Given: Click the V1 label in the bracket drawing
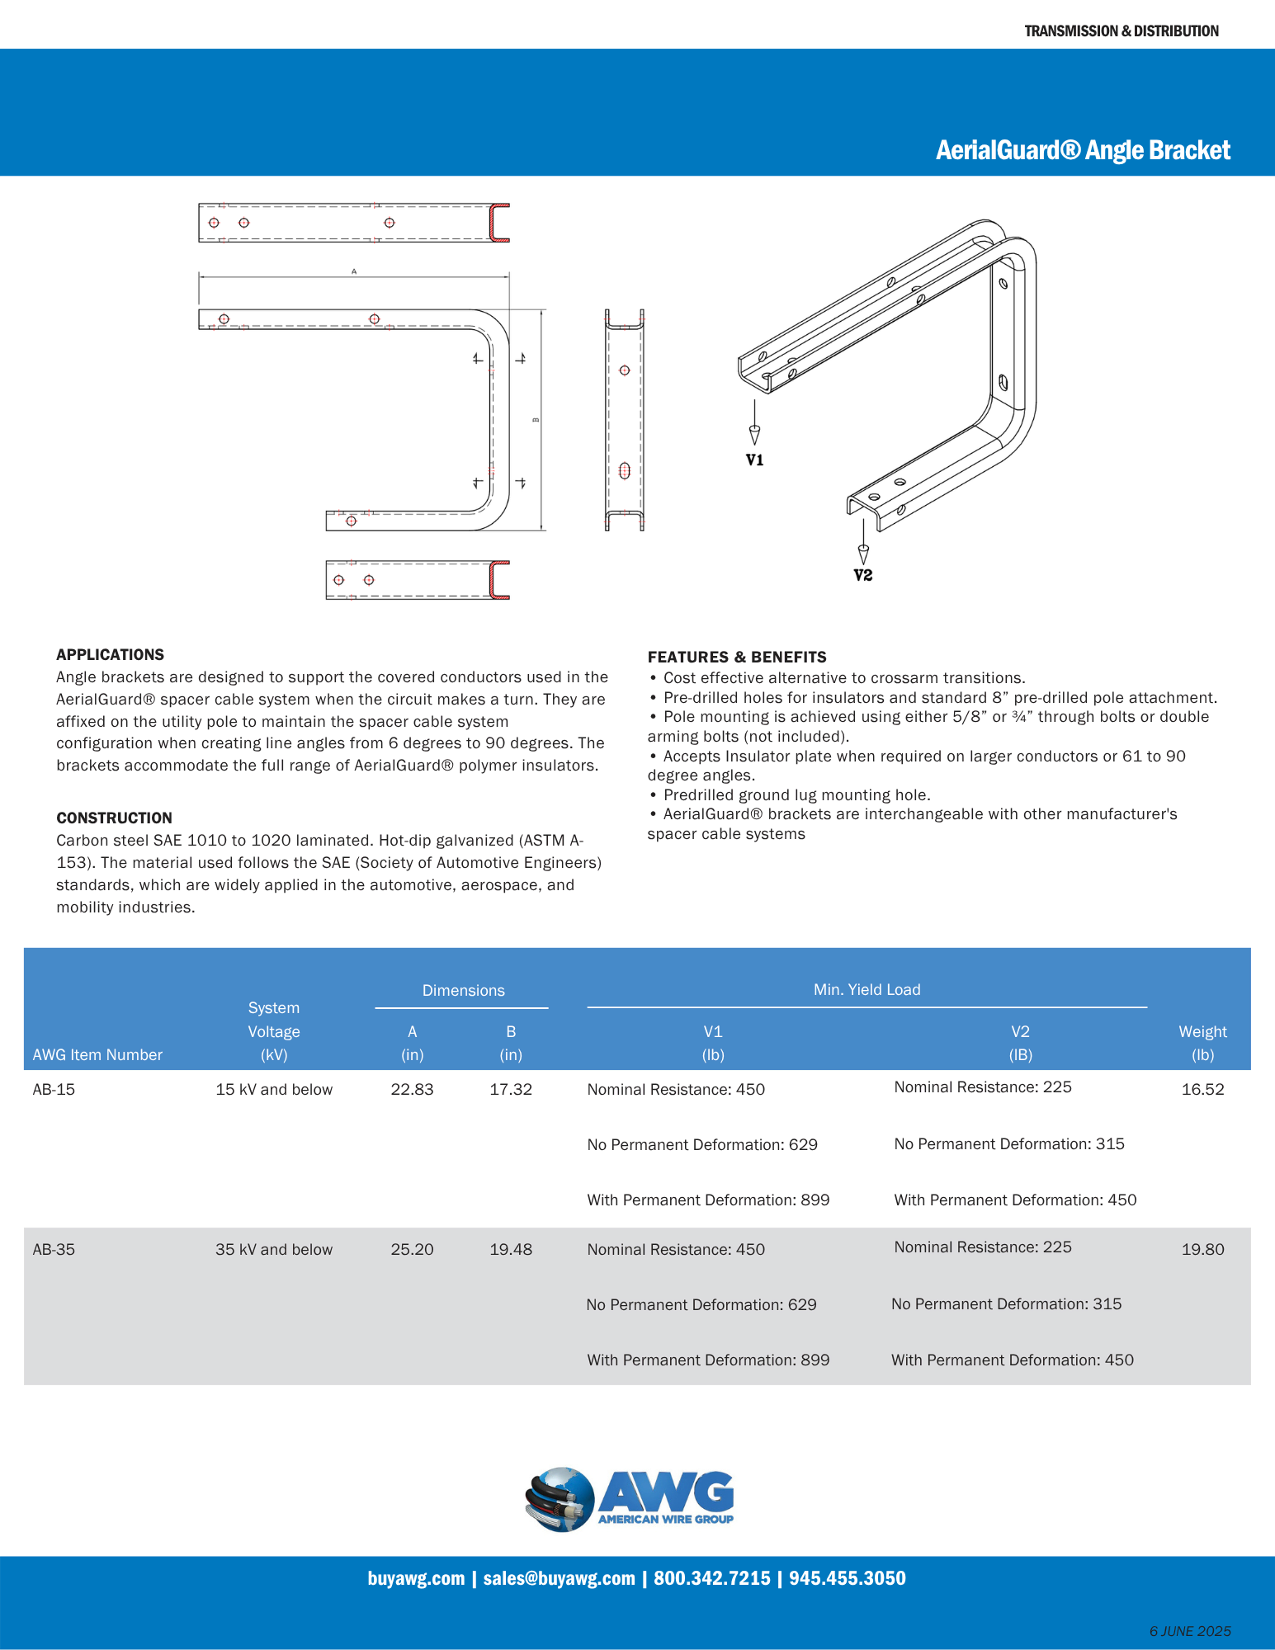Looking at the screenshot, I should [x=754, y=460].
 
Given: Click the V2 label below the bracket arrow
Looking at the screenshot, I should [x=862, y=575].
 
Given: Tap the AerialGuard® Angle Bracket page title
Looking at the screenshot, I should [x=1083, y=150].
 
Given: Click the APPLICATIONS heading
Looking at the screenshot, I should [x=110, y=654].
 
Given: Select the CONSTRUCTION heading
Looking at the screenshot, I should [x=114, y=818].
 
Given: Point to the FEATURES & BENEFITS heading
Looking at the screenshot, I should [x=736, y=657].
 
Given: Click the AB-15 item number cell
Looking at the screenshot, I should [x=54, y=1089].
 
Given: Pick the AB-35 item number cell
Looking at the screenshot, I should [x=54, y=1249].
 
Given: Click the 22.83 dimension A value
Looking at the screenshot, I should [x=412, y=1089].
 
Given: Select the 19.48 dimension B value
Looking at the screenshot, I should [x=511, y=1249].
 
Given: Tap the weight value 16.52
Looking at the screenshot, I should [x=1202, y=1089].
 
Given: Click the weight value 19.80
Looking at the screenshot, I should [x=1202, y=1249].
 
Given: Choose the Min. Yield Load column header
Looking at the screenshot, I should [x=867, y=989].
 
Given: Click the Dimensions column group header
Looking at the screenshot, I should [x=463, y=990].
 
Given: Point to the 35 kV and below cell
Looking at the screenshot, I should [x=274, y=1249].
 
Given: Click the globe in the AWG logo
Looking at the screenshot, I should [x=560, y=1499].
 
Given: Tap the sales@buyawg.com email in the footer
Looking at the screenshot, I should [x=559, y=1578].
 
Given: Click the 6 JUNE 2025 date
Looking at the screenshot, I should [x=1189, y=1631].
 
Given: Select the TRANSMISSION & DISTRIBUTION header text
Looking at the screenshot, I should [x=1121, y=31].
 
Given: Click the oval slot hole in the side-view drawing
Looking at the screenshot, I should [x=624, y=471].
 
